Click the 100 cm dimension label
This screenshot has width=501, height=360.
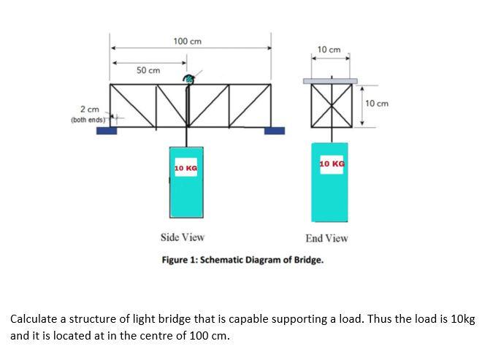(187, 41)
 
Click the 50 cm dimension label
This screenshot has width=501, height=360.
(148, 70)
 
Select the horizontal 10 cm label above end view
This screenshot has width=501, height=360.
(329, 49)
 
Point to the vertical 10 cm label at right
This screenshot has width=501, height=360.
(377, 104)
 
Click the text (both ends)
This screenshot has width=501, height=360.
(89, 119)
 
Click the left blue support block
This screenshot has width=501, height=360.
(107, 131)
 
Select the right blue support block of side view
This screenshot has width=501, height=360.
(274, 131)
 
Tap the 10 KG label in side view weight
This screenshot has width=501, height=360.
(186, 169)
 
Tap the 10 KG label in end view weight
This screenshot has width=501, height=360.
(332, 164)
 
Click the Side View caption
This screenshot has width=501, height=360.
(182, 237)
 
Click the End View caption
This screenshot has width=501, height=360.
(326, 238)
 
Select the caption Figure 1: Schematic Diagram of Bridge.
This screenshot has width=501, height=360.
(242, 259)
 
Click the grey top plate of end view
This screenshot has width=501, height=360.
(331, 80)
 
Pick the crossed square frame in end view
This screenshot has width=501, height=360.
(331, 105)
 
